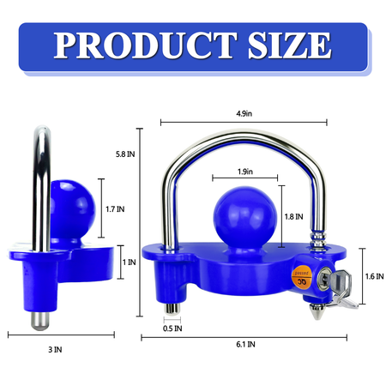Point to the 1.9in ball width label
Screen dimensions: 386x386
(x=246, y=172)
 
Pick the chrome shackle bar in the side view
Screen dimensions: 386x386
(x=39, y=184)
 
